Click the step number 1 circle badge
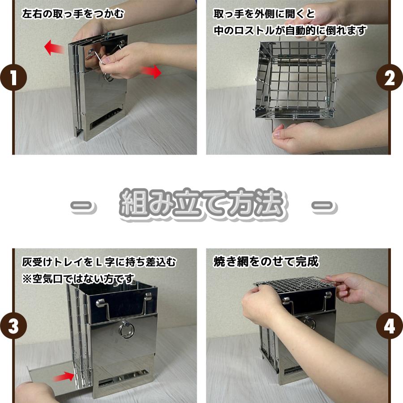[13, 77]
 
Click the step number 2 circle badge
[390, 77]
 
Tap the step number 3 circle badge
[13, 326]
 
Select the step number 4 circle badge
[390, 326]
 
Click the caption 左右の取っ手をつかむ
[73, 13]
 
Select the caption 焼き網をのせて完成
[266, 262]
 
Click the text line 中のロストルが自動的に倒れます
[290, 30]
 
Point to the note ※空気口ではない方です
[78, 279]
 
